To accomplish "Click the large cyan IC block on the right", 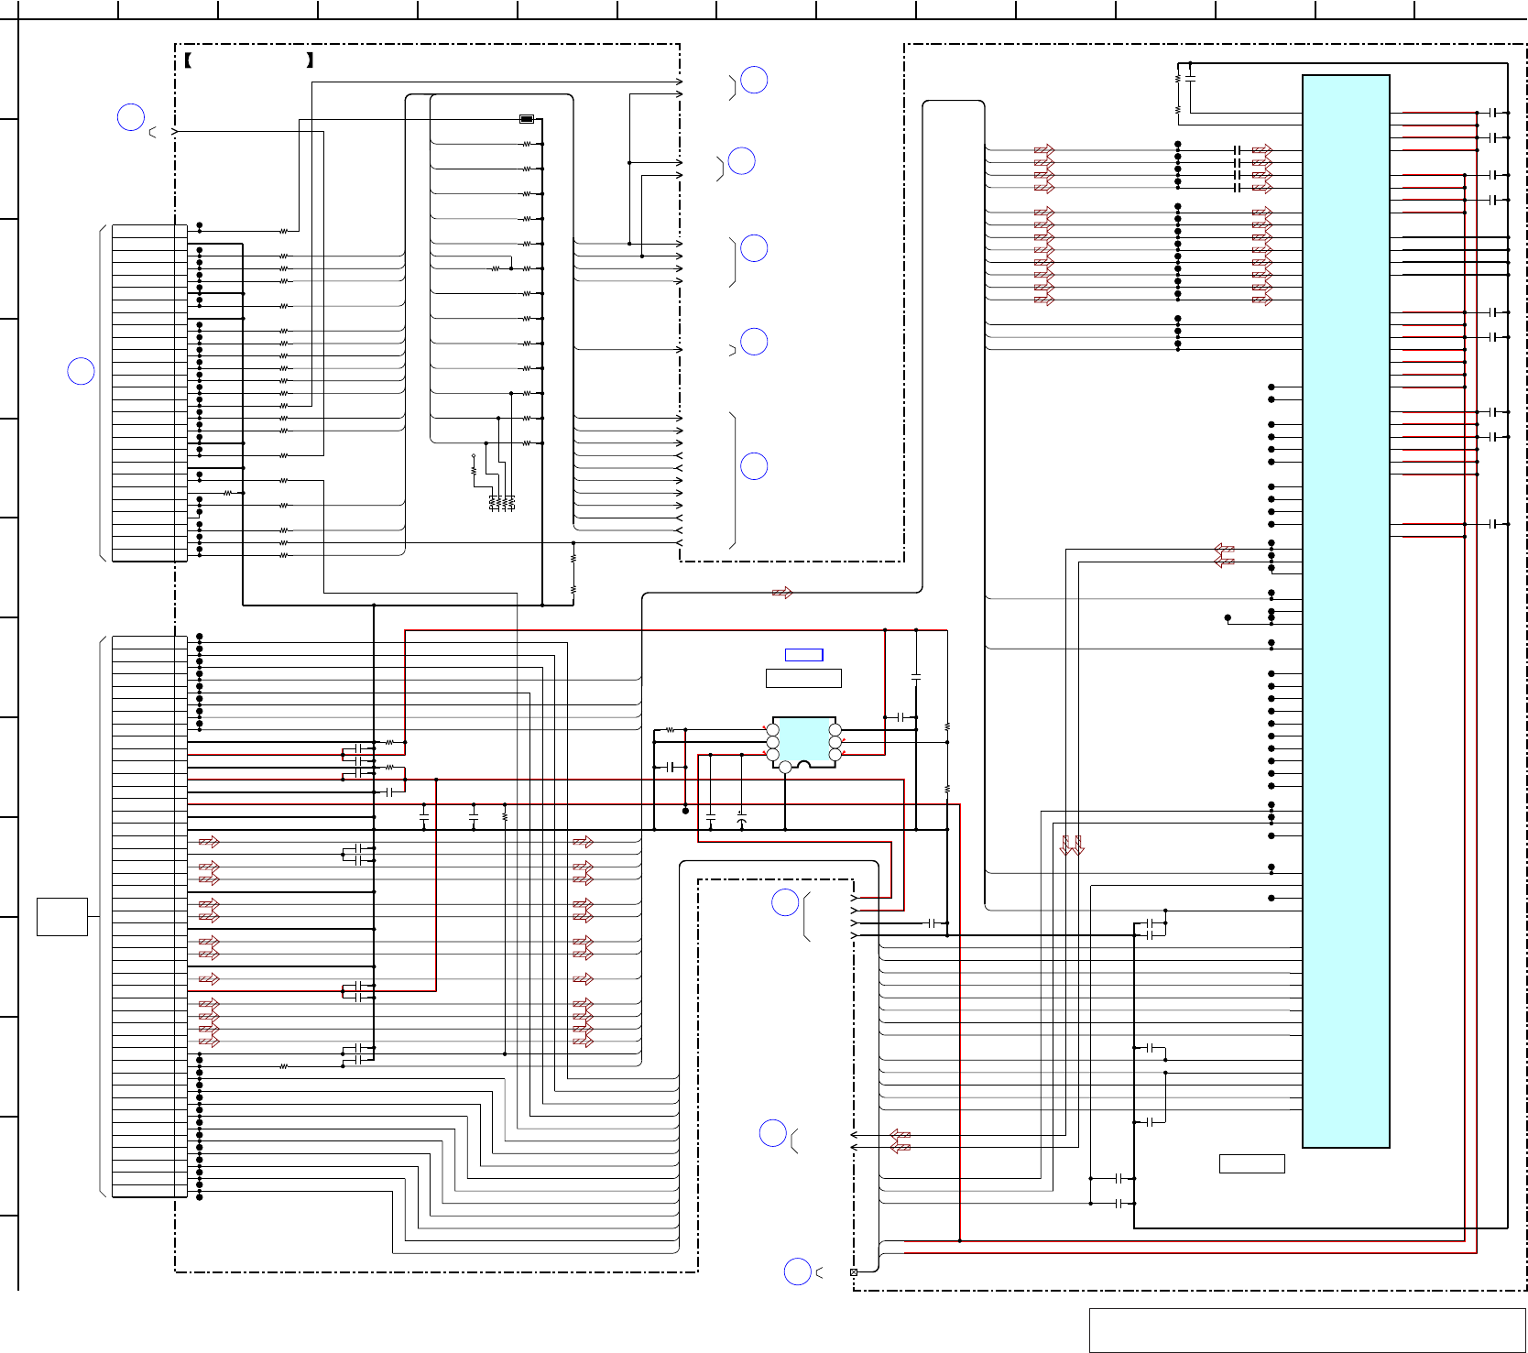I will coord(1346,611).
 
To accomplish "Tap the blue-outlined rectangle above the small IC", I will coord(804,654).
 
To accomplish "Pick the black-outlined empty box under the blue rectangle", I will coord(803,678).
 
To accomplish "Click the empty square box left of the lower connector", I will coord(62,916).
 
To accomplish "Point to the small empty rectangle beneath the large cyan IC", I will coord(1251,1163).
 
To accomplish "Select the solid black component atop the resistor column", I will coord(527,119).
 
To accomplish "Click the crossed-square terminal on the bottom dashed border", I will coord(854,1272).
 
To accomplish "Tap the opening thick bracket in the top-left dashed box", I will coord(188,61).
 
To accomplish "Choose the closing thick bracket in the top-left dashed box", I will coord(311,61).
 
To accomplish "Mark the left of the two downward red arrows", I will coord(1065,846).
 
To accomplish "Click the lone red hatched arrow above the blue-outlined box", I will coord(782,593).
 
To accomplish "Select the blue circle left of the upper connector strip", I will coord(82,371).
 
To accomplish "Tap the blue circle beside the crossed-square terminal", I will coord(798,1271).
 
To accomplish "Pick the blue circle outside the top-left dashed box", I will coord(131,117).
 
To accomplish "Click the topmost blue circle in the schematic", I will coord(754,81).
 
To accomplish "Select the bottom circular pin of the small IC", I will coord(785,768).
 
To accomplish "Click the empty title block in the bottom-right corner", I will coord(1307,1330).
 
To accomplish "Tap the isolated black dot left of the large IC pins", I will coord(1228,617).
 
